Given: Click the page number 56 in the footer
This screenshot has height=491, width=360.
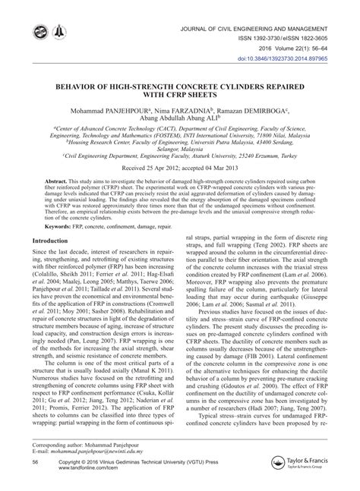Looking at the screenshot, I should (x=35, y=461).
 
